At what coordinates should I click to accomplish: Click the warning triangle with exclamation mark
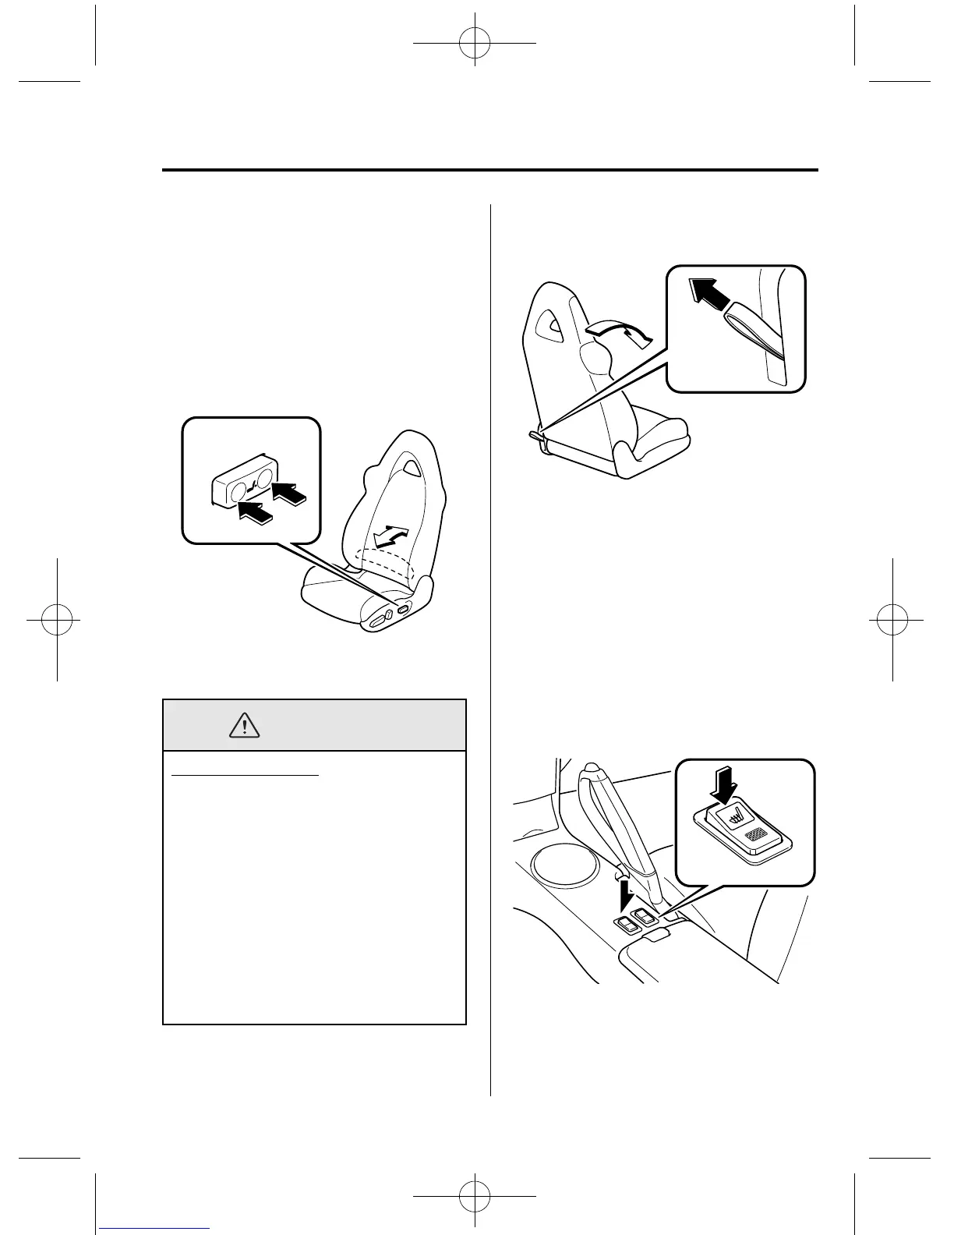245,726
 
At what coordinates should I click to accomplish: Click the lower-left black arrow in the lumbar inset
256,512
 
